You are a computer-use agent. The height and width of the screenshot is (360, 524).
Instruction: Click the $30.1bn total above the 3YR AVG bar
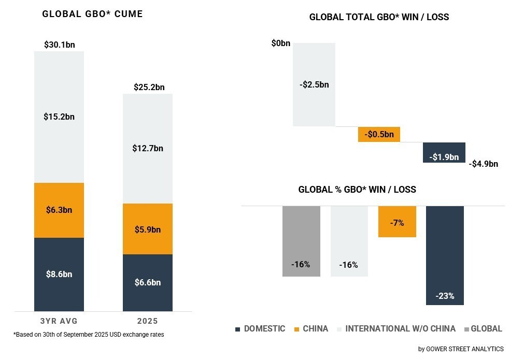59,45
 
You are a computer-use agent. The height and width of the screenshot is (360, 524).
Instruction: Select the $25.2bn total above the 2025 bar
149,87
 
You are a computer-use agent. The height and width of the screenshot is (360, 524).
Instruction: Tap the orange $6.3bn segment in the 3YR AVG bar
59,210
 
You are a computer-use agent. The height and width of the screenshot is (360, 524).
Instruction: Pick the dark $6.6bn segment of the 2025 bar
148,282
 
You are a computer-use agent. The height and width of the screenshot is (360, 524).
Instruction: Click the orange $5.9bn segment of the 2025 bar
148,229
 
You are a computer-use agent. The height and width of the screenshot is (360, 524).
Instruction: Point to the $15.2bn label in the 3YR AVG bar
59,117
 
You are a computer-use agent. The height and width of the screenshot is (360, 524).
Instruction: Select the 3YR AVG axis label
59,321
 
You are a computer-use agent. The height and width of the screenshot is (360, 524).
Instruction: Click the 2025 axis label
148,321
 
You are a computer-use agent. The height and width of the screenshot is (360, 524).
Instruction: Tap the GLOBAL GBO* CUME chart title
92,14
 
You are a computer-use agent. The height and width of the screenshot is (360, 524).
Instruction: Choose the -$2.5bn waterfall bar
314,84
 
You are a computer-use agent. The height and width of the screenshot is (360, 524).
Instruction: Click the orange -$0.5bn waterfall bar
379,135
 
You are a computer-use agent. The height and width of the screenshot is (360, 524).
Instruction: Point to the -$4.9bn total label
483,164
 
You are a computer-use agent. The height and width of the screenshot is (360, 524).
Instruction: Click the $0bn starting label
281,44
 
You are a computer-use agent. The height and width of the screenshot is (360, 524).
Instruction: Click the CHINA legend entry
311,328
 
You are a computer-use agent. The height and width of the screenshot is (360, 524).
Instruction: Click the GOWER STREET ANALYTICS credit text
461,349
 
